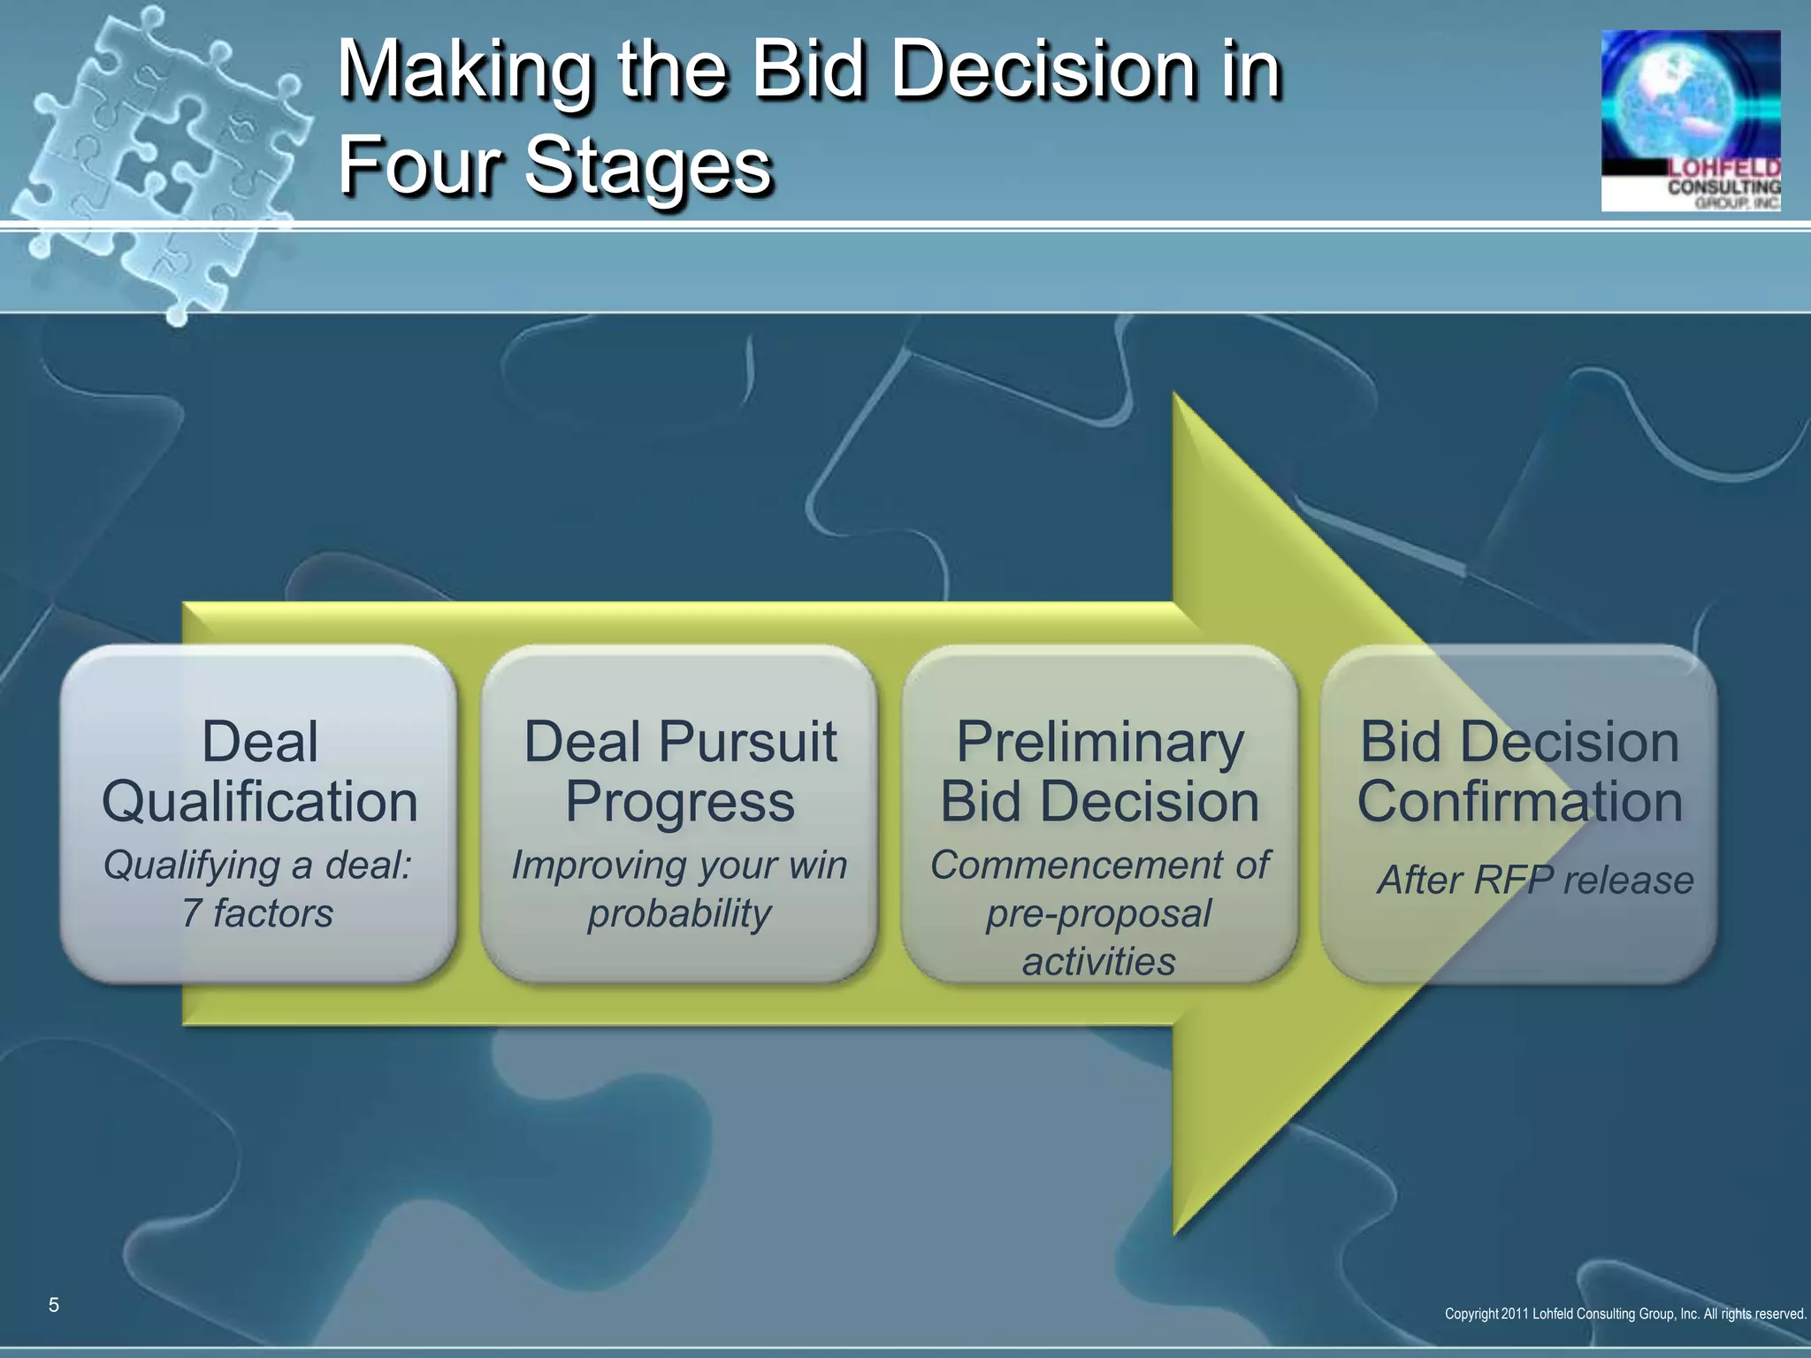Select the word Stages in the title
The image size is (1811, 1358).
click(x=648, y=166)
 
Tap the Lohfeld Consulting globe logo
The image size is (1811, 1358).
click(x=1690, y=120)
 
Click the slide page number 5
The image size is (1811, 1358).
click(x=54, y=1305)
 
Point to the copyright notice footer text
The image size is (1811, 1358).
click(x=1624, y=1314)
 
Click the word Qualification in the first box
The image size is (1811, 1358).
click(x=259, y=802)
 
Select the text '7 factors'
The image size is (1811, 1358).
click(x=257, y=913)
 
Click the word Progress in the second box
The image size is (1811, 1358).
click(x=679, y=802)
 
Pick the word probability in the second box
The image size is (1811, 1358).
click(x=679, y=913)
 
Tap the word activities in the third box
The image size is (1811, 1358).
click(x=1099, y=961)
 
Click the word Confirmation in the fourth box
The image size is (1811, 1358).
click(x=1519, y=802)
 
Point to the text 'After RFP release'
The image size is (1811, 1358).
click(x=1535, y=880)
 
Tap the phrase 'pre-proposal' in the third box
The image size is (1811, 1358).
click(x=1098, y=913)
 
